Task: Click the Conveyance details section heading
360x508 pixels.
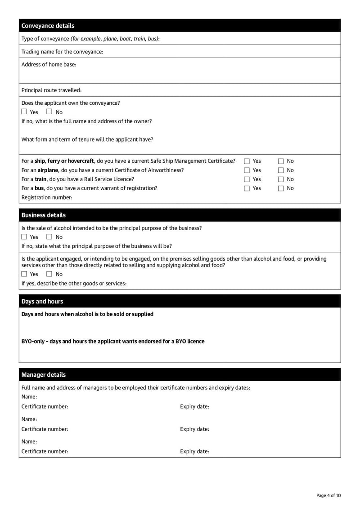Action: [x=48, y=26]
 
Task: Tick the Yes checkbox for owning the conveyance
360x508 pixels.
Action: [x=25, y=112]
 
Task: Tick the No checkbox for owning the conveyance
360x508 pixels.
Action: [x=50, y=112]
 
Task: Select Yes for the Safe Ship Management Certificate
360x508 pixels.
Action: [x=247, y=161]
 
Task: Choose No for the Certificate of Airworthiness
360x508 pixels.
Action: [x=281, y=170]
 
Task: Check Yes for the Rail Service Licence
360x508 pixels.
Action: [x=247, y=179]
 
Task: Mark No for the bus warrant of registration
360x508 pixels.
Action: [x=281, y=189]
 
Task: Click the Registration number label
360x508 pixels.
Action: [x=47, y=197]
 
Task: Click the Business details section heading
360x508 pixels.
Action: [x=43, y=215]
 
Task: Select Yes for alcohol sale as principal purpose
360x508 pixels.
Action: [x=25, y=237]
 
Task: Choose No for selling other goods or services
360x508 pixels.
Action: [x=50, y=274]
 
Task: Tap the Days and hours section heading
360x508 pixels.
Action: [x=42, y=301]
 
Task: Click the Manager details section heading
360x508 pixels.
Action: [x=43, y=374]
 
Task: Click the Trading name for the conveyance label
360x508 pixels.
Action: [x=62, y=52]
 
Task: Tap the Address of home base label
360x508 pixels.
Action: [x=49, y=64]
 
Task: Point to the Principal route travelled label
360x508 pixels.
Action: [x=51, y=90]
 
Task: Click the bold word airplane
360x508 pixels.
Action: [x=48, y=170]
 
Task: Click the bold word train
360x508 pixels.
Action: [x=41, y=179]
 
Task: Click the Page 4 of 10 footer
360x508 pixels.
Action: [x=328, y=495]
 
